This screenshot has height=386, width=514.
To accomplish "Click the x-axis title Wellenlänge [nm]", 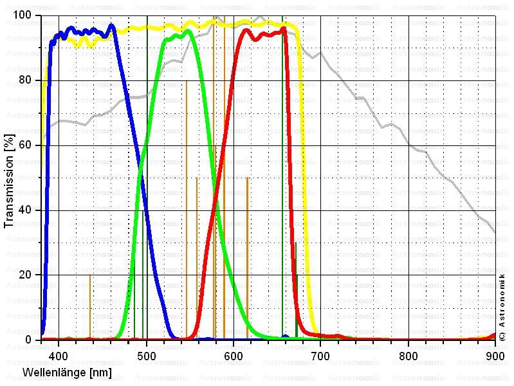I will pos(68,372).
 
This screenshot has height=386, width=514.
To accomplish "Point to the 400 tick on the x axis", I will pos(59,353).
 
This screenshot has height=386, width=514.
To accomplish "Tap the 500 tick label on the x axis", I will pos(147,353).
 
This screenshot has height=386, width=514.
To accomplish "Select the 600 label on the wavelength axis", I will pos(234,353).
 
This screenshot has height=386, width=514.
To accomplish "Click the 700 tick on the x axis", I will pos(321,353).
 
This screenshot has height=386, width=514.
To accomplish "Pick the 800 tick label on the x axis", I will pos(408,353).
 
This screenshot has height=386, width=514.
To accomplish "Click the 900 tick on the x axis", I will pos(495,353).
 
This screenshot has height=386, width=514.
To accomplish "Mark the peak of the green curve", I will pos(187,30).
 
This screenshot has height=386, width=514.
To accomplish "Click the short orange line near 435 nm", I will pos(90,306).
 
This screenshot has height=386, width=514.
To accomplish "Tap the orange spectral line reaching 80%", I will pos(187,193).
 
